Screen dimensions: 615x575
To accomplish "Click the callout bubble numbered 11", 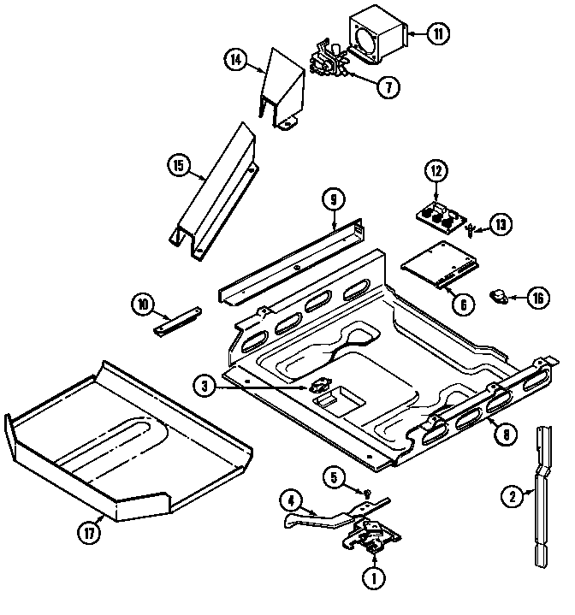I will point(438,35).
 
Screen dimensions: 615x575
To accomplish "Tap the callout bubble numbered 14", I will point(237,60).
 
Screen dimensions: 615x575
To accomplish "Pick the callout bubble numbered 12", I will point(436,171).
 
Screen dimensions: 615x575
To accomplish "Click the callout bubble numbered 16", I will point(537,298).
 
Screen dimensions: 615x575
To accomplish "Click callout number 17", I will point(89,533).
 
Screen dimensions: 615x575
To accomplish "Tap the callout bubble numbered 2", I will point(512,495).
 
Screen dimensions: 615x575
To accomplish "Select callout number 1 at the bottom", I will point(372,577).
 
